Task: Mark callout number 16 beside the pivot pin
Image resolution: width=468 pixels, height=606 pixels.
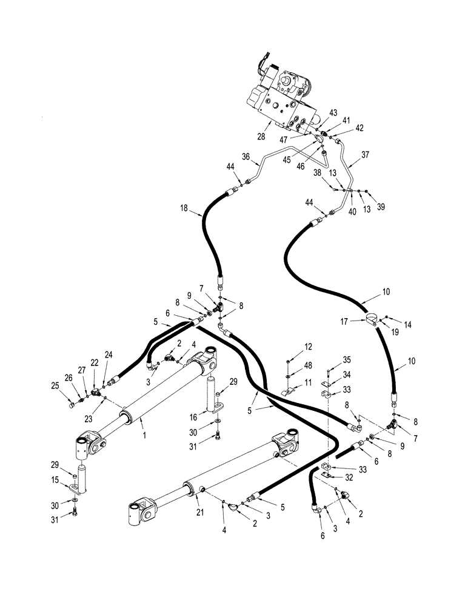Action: click(x=193, y=418)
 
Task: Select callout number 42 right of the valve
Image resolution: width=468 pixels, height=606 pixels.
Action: click(x=359, y=128)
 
